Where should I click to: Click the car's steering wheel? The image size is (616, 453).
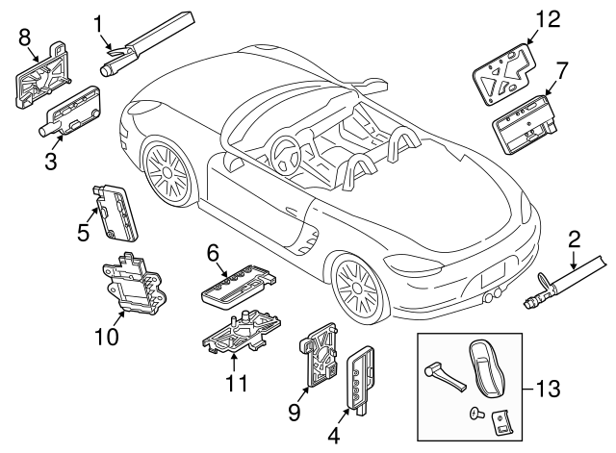tap(285, 151)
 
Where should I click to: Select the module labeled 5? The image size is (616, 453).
tap(116, 212)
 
